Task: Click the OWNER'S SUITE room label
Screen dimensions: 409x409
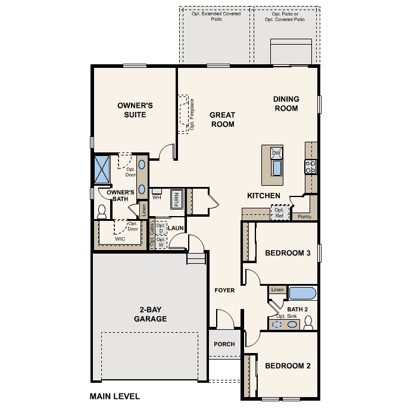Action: [135, 110]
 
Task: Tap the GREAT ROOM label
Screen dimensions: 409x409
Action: [223, 120]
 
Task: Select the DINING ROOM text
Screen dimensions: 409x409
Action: [286, 104]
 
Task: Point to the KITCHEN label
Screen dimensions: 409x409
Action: [264, 196]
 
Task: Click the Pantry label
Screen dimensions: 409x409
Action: [304, 217]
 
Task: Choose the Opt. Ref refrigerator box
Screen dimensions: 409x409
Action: [279, 213]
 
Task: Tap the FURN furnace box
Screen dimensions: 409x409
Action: [177, 199]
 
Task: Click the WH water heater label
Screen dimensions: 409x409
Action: [157, 197]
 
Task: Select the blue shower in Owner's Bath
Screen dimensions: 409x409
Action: [103, 169]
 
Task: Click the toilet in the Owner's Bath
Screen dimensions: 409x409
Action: [101, 211]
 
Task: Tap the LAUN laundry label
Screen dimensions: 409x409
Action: [175, 228]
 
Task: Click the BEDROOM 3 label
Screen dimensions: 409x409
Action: [288, 253]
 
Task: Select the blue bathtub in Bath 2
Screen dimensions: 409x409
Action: [303, 293]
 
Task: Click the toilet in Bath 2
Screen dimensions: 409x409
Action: [308, 323]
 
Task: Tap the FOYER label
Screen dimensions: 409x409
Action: [224, 291]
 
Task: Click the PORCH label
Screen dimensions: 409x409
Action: [224, 344]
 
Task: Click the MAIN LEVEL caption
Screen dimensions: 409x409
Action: [114, 395]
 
